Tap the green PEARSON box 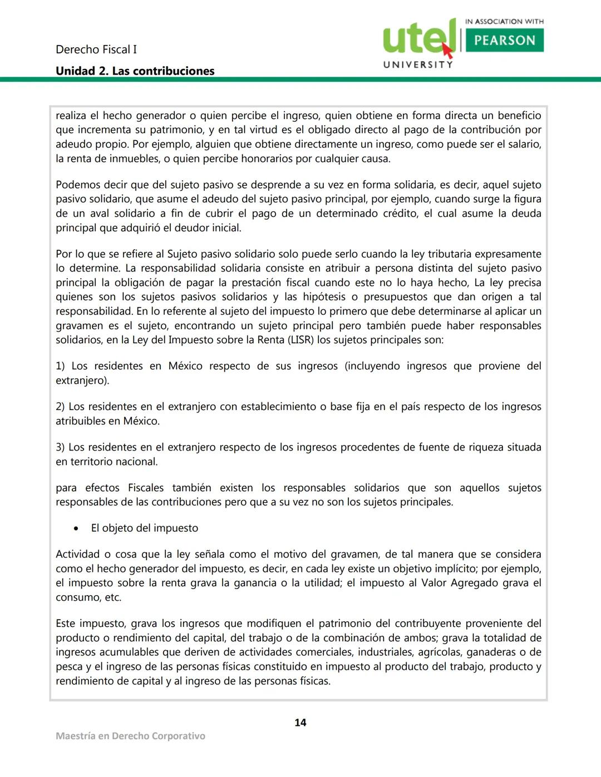click(504, 41)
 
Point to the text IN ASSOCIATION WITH click(504, 22)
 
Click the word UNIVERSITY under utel click(418, 65)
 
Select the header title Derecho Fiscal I click(96, 50)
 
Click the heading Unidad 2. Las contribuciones click(135, 71)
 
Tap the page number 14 click(300, 722)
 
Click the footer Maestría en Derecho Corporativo click(130, 736)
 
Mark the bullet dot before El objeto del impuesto click(76, 528)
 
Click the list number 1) click(60, 366)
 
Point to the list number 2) click(60, 407)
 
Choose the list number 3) click(60, 447)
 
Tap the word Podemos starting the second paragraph click(77, 185)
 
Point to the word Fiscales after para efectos click(146, 488)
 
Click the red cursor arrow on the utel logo click(447, 51)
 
